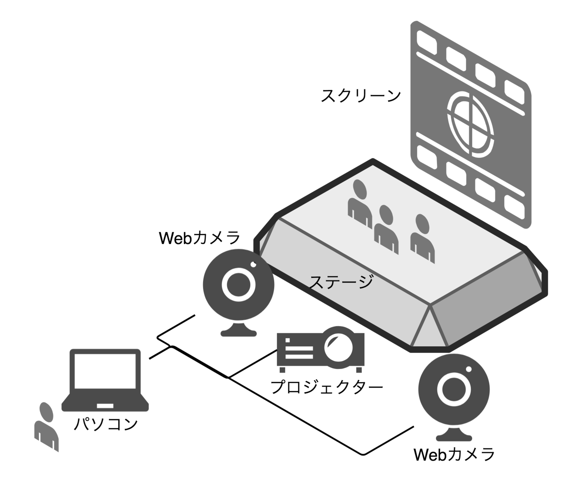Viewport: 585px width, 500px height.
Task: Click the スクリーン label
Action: [x=360, y=95]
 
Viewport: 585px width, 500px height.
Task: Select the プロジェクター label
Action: [x=327, y=387]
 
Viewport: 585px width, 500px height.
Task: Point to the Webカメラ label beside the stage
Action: [x=200, y=238]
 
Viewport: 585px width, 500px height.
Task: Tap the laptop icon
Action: [x=105, y=380]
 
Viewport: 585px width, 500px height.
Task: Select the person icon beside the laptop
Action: [x=46, y=426]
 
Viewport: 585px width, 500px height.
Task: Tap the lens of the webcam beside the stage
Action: [x=239, y=284]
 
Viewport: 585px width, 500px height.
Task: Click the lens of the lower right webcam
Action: [x=454, y=389]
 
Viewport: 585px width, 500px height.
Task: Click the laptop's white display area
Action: [x=105, y=371]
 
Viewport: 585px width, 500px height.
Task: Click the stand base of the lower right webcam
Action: [x=454, y=437]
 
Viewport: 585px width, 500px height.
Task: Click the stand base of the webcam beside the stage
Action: [x=239, y=332]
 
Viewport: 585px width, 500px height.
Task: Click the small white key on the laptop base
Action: [x=105, y=406]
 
